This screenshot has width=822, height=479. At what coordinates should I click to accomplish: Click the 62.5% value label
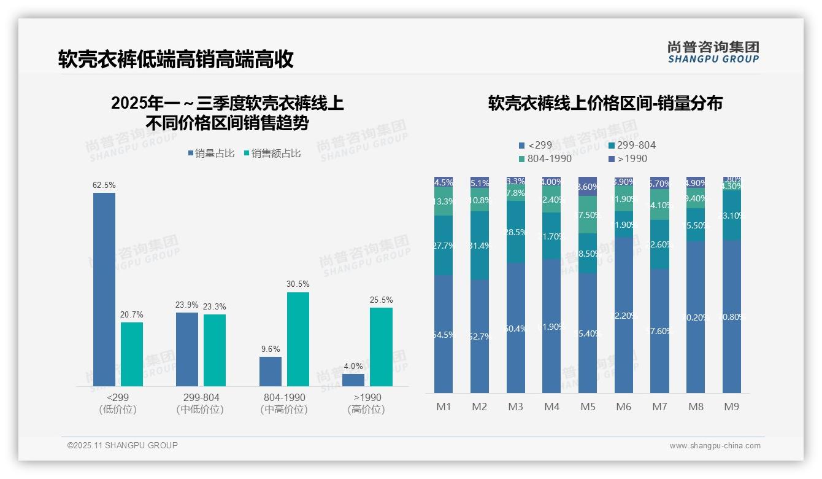pos(104,185)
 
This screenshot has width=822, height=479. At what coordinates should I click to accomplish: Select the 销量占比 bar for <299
pos(104,289)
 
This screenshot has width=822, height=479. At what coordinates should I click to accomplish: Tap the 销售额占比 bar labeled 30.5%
pos(298,339)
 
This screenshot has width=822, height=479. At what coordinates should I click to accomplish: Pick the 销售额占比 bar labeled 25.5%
pos(381,347)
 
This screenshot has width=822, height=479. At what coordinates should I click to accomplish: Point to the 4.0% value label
pos(353,366)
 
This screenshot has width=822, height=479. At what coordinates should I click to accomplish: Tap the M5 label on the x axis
pos(587,407)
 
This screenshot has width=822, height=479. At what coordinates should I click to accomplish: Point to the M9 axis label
pos(731,407)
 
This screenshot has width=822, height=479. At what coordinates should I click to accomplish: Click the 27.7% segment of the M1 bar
pos(443,246)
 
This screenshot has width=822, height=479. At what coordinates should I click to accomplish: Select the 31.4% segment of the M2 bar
pos(479,246)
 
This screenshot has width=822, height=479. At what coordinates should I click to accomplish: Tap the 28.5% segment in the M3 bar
pos(515,232)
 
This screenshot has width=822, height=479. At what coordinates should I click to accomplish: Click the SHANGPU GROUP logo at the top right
pos(713,52)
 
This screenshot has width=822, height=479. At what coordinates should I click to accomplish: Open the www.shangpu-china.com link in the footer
pos(715,446)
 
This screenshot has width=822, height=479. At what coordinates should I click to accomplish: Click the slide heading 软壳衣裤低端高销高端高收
pos(176,59)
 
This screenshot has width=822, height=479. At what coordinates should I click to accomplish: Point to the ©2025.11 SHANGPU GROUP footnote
pos(123,445)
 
